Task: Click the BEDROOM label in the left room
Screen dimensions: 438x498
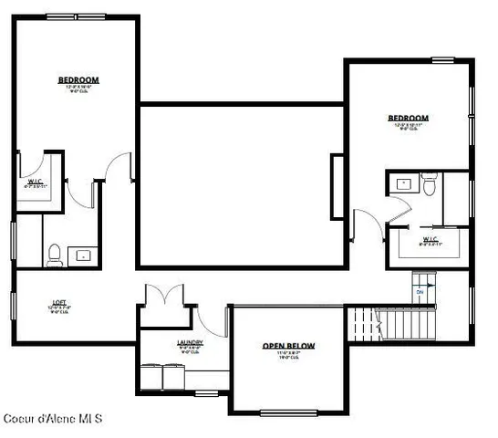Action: point(78,80)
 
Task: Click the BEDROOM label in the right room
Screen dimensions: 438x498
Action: point(407,119)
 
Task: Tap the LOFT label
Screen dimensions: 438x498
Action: point(58,302)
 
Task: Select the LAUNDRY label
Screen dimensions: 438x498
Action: point(190,343)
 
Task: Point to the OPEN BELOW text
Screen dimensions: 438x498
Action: point(288,346)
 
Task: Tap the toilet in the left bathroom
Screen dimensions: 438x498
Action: point(54,255)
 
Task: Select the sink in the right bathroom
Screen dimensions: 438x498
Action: point(403,183)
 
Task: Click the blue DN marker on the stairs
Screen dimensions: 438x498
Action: point(420,292)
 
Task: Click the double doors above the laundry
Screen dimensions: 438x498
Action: point(162,296)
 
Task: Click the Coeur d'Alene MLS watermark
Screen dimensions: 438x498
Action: point(52,419)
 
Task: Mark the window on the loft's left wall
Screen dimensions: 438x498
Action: point(13,306)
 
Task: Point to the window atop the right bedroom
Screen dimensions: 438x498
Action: point(443,61)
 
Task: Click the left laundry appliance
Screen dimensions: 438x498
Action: point(152,376)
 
